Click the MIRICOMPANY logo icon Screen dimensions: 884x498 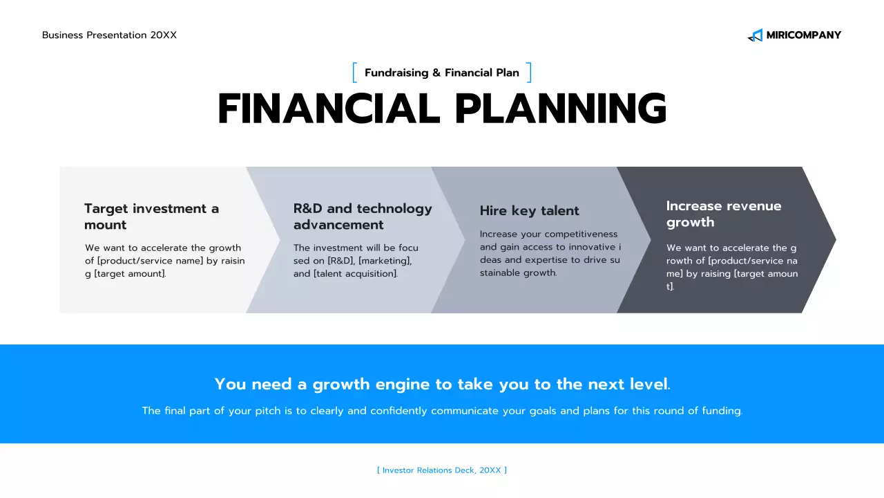pyautogui.click(x=756, y=35)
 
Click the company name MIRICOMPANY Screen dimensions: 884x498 pyautogui.click(x=803, y=35)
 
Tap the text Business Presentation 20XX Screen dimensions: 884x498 pyautogui.click(x=109, y=35)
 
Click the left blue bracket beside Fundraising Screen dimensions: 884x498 pyautogui.click(x=355, y=73)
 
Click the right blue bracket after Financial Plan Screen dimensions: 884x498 pyautogui.click(x=529, y=73)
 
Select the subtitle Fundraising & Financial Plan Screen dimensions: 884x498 pyautogui.click(x=441, y=73)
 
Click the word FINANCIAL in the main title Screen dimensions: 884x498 pyautogui.click(x=329, y=109)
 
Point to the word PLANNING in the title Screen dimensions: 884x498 pyautogui.click(x=561, y=109)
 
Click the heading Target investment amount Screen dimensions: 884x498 pyautogui.click(x=151, y=216)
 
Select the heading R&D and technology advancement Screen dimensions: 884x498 pyautogui.click(x=363, y=216)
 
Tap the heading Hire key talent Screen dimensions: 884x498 pyautogui.click(x=529, y=211)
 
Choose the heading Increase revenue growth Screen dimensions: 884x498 pyautogui.click(x=724, y=214)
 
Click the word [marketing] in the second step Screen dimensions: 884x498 pyautogui.click(x=385, y=261)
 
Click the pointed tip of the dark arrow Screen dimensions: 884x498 pyautogui.click(x=836, y=239)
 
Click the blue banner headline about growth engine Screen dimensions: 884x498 pyautogui.click(x=443, y=384)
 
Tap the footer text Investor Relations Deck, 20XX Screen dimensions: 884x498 pyautogui.click(x=442, y=470)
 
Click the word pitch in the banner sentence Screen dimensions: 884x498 pyautogui.click(x=268, y=411)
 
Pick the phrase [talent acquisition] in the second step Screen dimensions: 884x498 pyautogui.click(x=356, y=273)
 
